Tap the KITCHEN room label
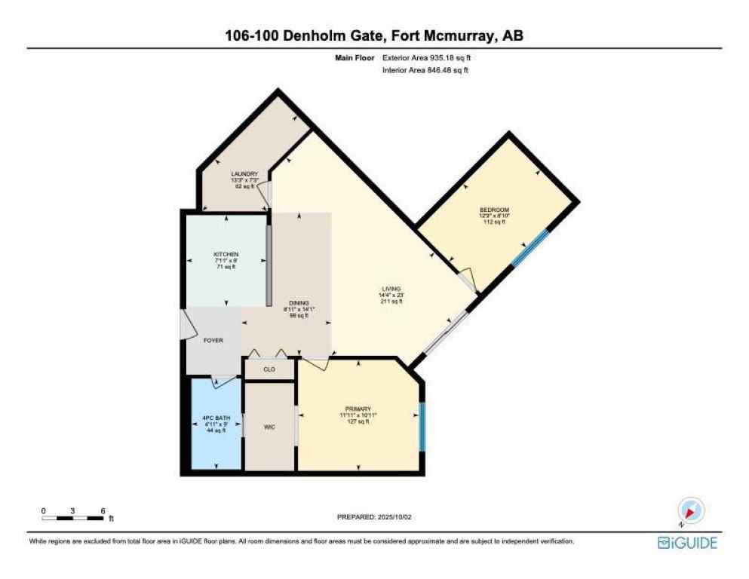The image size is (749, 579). pos(226,255)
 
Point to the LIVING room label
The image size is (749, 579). pos(391,288)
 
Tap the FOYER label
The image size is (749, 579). pos(213,341)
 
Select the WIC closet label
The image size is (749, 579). pos(269,427)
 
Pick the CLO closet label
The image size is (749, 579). pos(269,369)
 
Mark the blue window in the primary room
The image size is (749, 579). pos(422,427)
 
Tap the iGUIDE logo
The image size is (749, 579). pos(687,543)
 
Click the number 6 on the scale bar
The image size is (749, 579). pos(102,510)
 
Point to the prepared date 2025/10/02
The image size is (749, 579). pos(375,517)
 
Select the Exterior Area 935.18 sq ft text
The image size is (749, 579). pos(428,57)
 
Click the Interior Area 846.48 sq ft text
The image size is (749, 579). pos(427,70)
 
